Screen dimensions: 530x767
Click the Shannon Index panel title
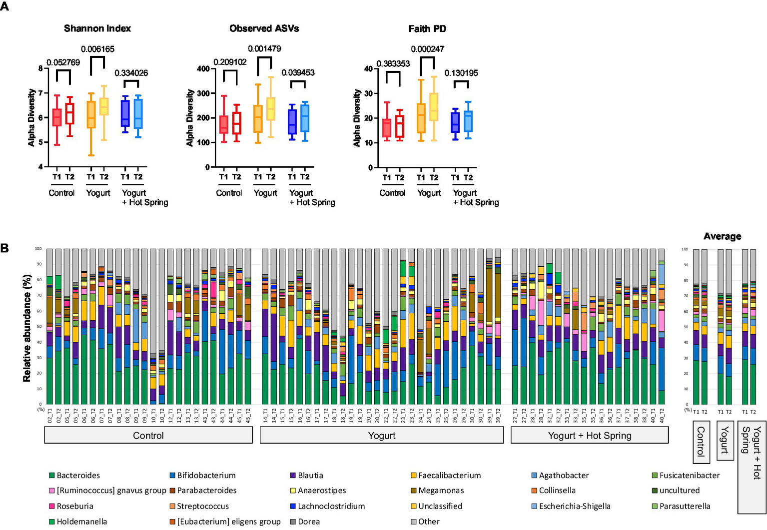click(x=97, y=28)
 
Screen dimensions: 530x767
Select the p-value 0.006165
click(x=97, y=49)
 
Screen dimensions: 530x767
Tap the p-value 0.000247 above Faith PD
click(x=427, y=49)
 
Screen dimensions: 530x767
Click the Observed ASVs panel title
click(x=264, y=28)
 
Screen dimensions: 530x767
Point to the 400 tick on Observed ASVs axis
click(x=203, y=68)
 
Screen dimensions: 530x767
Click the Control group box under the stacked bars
click(x=148, y=436)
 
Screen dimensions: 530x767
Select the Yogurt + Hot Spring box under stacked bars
click(x=590, y=436)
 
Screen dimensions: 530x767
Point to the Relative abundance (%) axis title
click(x=27, y=328)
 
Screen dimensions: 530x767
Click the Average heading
click(x=722, y=236)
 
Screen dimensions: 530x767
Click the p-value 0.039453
click(x=298, y=73)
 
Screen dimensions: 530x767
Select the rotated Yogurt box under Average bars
click(x=725, y=440)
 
